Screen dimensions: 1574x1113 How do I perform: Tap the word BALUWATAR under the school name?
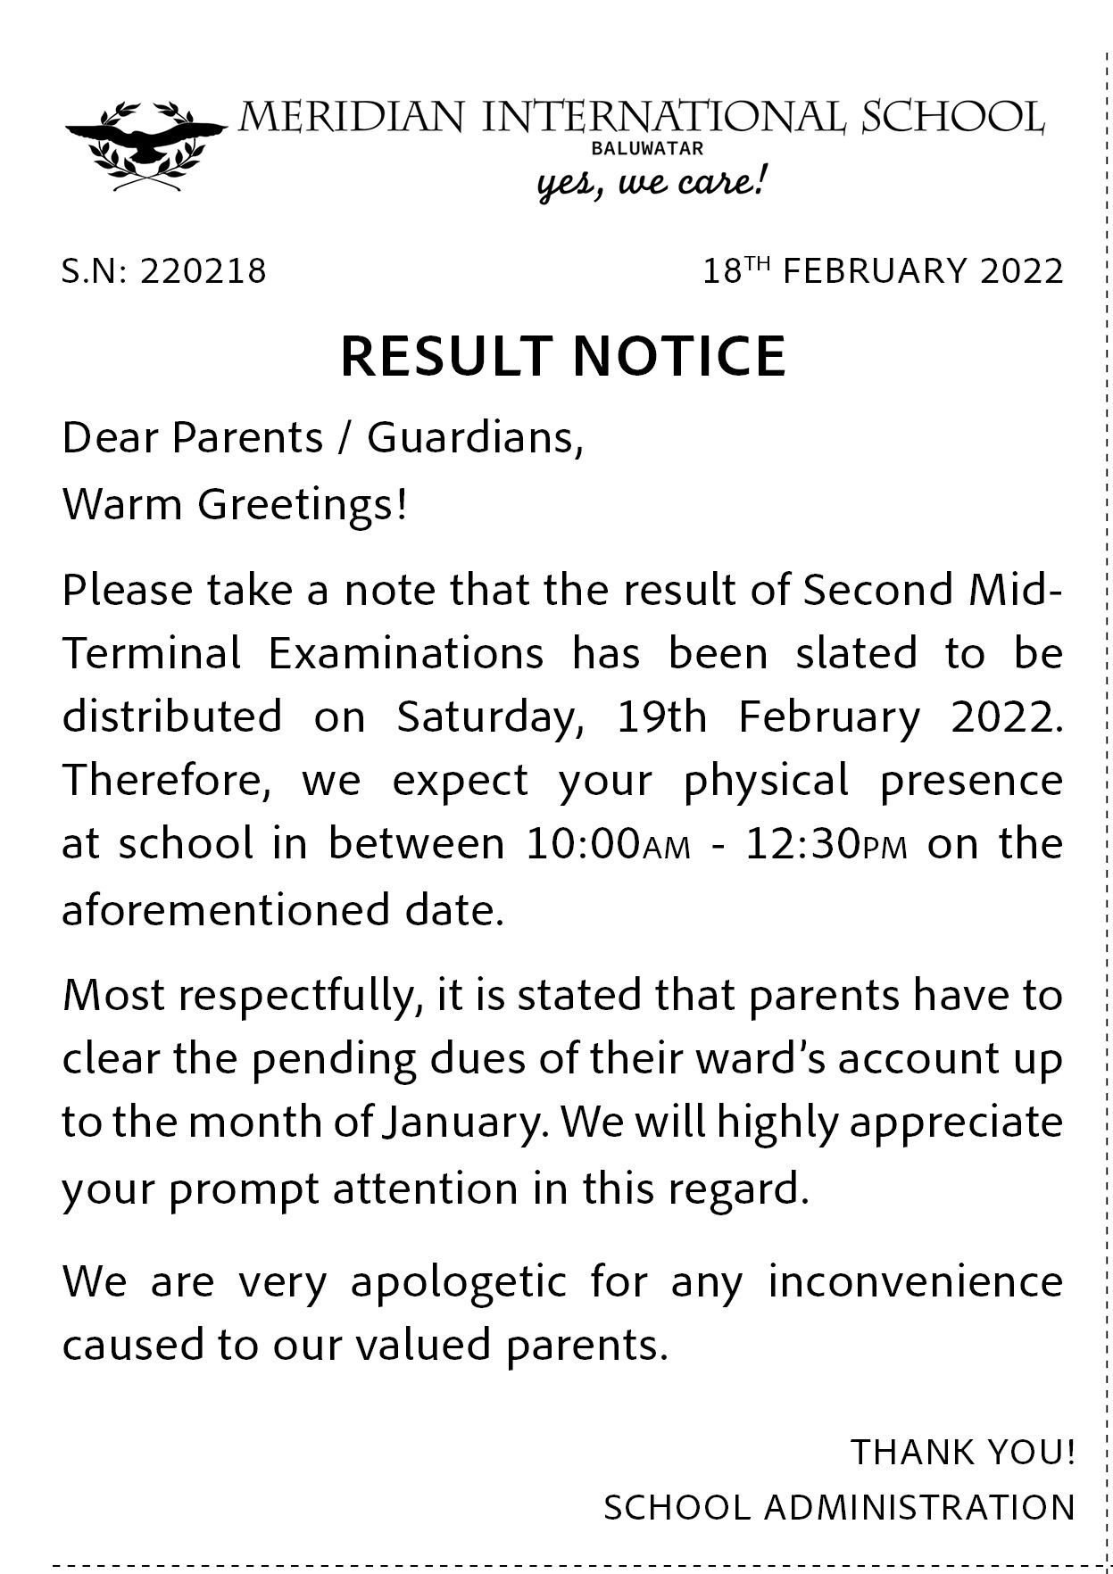[x=660, y=150]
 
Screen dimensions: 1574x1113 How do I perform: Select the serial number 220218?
[x=203, y=271]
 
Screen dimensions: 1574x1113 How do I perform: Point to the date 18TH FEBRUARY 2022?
[x=883, y=270]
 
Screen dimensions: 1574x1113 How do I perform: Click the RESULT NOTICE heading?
[x=563, y=355]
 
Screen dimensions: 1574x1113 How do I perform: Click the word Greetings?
[x=302, y=505]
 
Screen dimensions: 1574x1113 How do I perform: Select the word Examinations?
[x=405, y=654]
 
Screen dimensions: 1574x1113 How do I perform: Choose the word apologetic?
[x=459, y=1282]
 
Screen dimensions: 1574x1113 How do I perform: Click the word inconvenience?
[x=915, y=1282]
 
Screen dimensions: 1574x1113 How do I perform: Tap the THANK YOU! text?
[x=962, y=1452]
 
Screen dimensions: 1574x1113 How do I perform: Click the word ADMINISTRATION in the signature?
[x=920, y=1508]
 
